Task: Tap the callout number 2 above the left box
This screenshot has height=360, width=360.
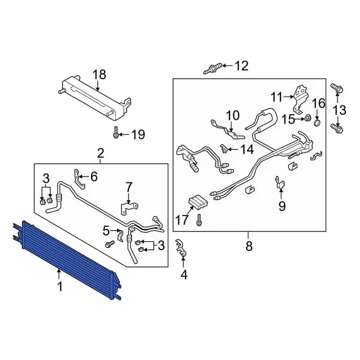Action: point(100,152)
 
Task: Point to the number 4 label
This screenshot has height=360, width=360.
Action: point(182,275)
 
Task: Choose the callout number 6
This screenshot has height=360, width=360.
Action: point(93,177)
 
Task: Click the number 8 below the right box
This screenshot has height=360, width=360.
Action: point(249,246)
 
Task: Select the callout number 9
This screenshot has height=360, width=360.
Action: point(281,206)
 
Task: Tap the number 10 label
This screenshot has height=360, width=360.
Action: point(232,116)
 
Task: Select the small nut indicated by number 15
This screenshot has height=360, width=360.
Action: point(309,119)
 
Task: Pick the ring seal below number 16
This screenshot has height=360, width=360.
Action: point(318,121)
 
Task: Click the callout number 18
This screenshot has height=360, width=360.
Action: point(98,74)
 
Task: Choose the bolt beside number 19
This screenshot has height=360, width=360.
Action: point(116,134)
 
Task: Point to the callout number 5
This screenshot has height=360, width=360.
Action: point(106,230)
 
